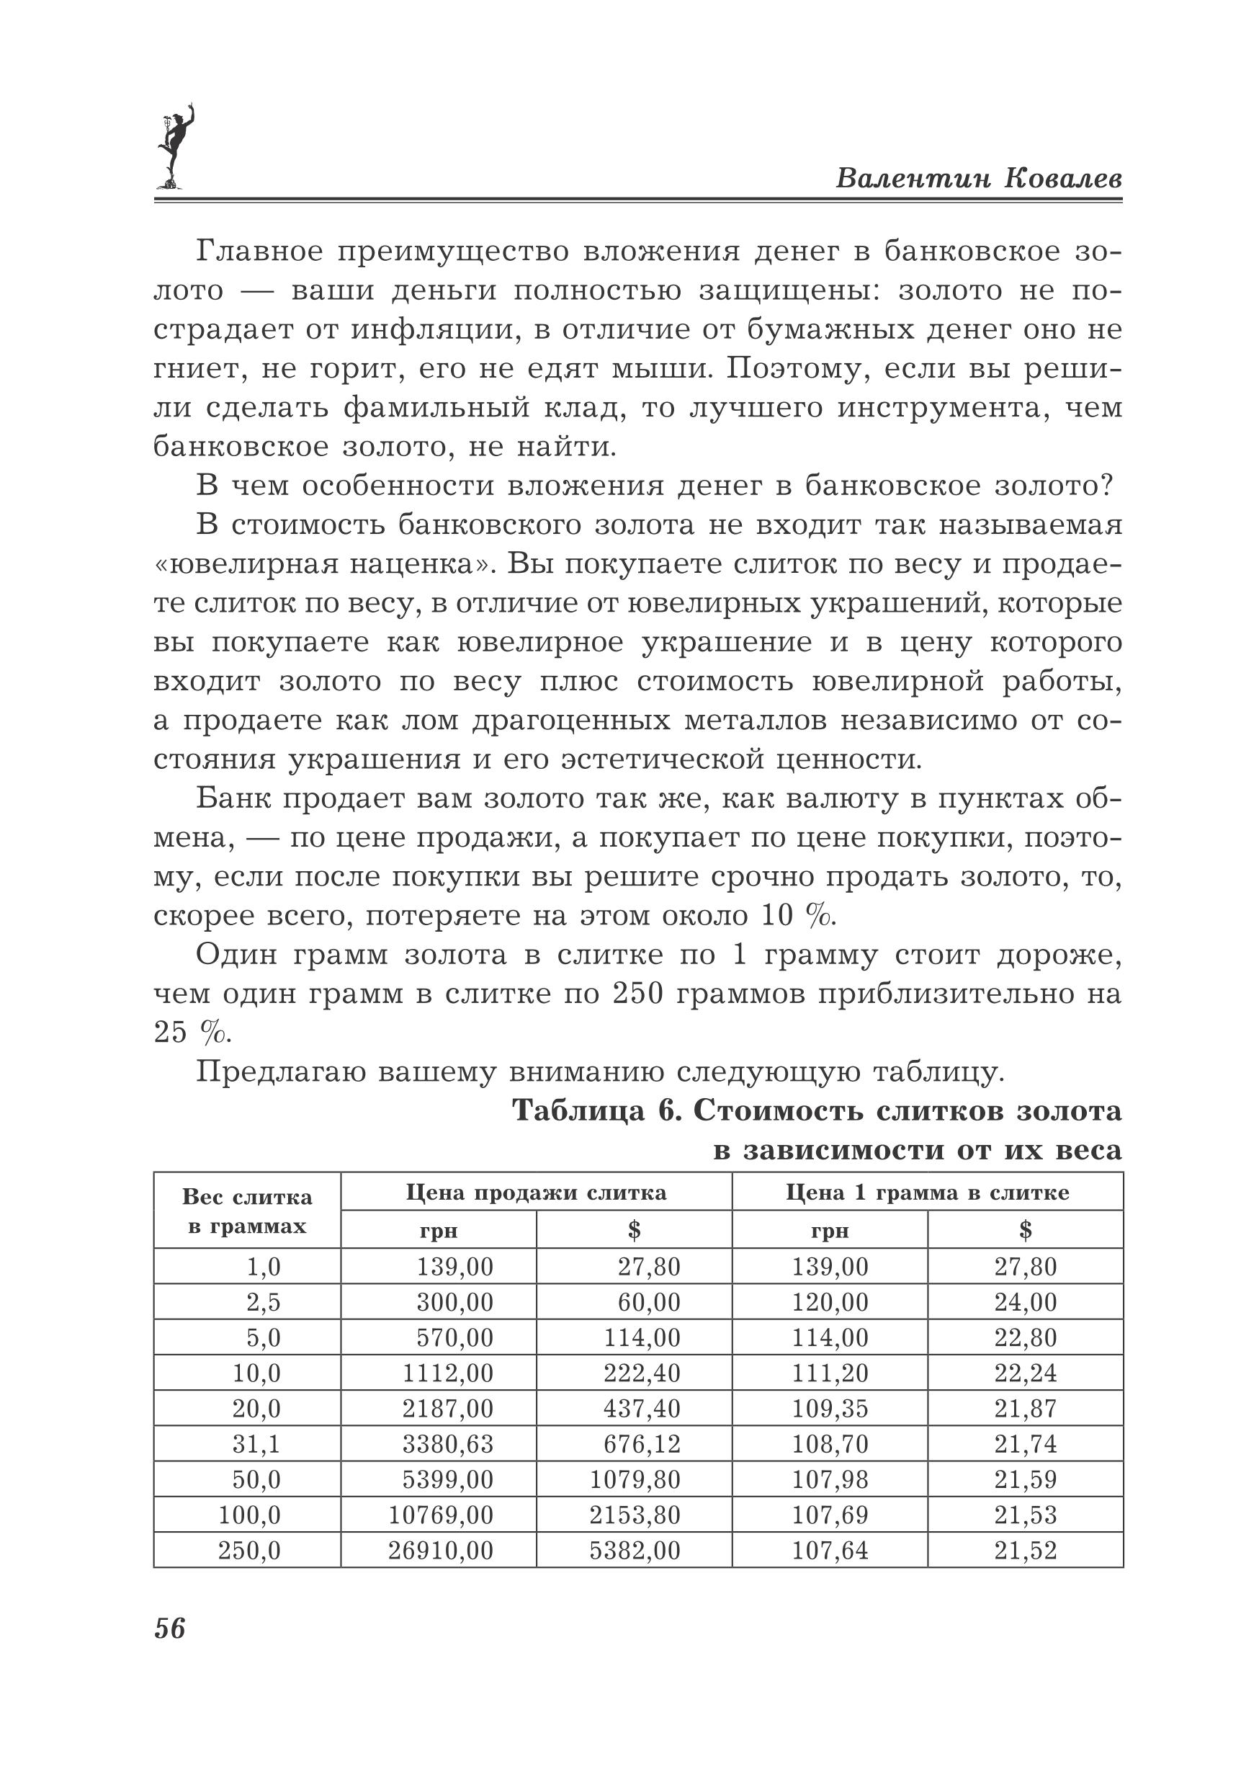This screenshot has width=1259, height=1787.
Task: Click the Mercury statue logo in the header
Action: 174,147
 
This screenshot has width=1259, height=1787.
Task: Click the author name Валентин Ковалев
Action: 979,178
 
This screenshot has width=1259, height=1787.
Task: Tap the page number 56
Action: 170,1628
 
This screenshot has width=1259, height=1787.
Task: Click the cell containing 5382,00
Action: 634,1551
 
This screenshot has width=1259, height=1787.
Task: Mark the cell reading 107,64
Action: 830,1551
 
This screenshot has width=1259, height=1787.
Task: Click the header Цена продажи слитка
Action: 536,1193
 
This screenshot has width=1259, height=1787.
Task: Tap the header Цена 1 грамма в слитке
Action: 928,1193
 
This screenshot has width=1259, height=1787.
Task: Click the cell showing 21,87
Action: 1026,1408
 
